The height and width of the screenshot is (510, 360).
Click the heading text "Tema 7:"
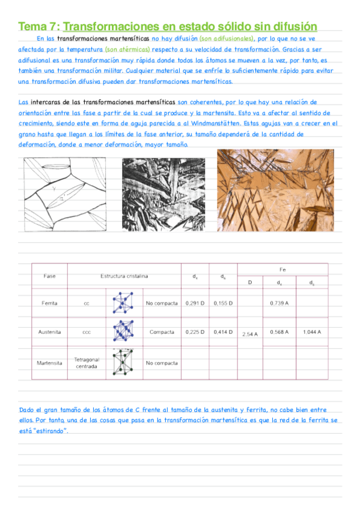pyautogui.click(x=39, y=26)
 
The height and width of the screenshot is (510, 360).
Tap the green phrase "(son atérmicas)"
pyautogui.click(x=127, y=49)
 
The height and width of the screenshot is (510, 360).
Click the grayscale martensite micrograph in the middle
pyautogui.click(x=166, y=194)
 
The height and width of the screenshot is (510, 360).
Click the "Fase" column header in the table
pyautogui.click(x=50, y=276)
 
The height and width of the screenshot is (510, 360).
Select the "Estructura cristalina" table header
pyautogui.click(x=124, y=276)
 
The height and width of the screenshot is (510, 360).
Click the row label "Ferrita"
pyautogui.click(x=50, y=303)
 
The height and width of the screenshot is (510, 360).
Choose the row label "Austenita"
pyautogui.click(x=50, y=331)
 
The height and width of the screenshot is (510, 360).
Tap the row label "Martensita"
pyautogui.click(x=50, y=363)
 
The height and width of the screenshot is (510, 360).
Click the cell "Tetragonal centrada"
pyautogui.click(x=87, y=363)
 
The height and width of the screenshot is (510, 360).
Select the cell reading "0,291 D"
pyautogui.click(x=195, y=303)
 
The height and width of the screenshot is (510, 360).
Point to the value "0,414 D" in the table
pyautogui.click(x=223, y=331)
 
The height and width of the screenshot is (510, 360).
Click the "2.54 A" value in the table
pyautogui.click(x=249, y=333)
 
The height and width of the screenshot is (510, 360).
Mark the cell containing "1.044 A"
pyautogui.click(x=311, y=331)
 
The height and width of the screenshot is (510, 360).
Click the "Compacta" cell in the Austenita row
pyautogui.click(x=162, y=331)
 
